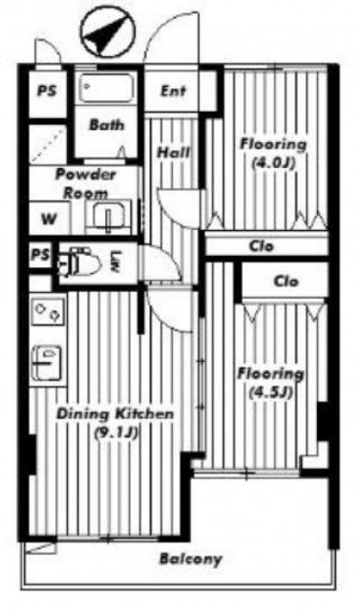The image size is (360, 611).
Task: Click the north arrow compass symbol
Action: (x=108, y=32)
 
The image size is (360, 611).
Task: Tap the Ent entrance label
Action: (x=174, y=92)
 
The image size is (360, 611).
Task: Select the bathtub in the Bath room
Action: (x=107, y=89)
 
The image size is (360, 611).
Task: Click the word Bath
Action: (x=107, y=125)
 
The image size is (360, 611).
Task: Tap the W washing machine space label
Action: (x=49, y=219)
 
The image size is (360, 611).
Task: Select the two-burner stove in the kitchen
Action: (x=48, y=311)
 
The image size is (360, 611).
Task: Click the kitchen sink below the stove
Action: (x=47, y=363)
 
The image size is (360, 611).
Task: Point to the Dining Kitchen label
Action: (x=115, y=413)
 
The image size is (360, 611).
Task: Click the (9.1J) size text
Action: (x=115, y=432)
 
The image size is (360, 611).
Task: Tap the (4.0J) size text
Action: (x=273, y=162)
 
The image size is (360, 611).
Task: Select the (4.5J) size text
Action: (x=271, y=392)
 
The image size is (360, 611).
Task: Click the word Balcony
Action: (x=191, y=559)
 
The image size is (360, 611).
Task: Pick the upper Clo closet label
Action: (x=261, y=246)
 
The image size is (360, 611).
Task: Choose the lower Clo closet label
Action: (x=286, y=282)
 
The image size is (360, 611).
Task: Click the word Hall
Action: (x=174, y=152)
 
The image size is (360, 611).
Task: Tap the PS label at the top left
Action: (x=47, y=92)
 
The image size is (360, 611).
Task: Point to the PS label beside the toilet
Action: (x=40, y=255)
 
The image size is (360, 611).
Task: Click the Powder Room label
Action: (x=86, y=183)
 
